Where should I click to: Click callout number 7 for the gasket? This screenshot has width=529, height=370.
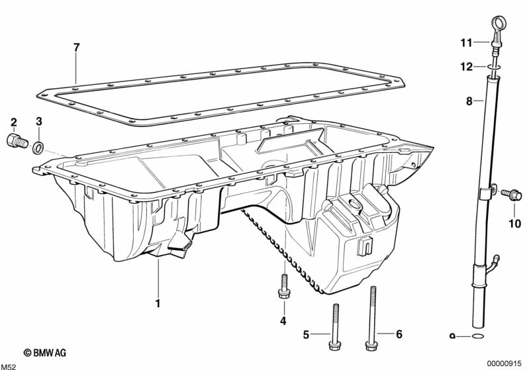[x=77, y=47]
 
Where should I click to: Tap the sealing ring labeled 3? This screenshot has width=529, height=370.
[x=39, y=146]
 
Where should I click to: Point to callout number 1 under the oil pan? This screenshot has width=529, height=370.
[x=158, y=304]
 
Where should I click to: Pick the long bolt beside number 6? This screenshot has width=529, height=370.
[x=373, y=324]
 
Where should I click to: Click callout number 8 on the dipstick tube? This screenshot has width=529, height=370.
[x=469, y=102]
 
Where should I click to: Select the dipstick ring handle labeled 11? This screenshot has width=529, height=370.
[x=494, y=32]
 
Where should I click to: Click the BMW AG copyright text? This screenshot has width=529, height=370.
[x=45, y=353]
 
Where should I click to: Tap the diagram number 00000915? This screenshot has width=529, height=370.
[x=506, y=363]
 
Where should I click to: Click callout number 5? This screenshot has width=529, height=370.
[x=306, y=335]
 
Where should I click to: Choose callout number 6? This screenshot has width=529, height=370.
[x=399, y=335]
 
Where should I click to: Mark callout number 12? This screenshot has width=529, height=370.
[x=467, y=66]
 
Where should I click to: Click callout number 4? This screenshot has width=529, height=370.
[x=283, y=322]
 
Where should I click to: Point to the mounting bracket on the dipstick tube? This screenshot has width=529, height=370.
[x=485, y=193]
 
